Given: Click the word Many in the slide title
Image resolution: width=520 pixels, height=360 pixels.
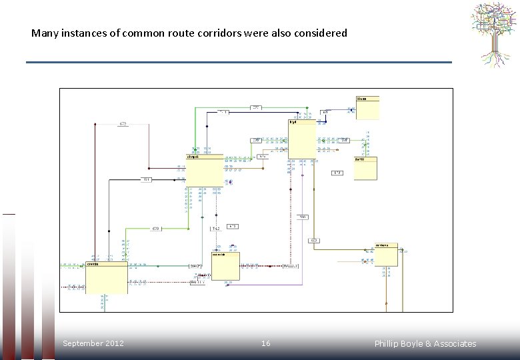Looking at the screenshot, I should [45, 33].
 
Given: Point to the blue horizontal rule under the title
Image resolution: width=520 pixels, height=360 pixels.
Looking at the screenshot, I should [239, 62].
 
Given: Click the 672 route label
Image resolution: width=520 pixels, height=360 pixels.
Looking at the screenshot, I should [123, 124].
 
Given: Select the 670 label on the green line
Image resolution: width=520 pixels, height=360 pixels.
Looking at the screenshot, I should [155, 229].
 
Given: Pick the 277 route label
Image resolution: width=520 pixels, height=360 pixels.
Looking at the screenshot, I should [256, 107].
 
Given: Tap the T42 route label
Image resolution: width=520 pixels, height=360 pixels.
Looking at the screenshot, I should [216, 229].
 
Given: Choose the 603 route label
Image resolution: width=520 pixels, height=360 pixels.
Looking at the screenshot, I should [315, 240].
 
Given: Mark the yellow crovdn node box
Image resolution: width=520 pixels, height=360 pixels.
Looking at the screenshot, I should [107, 277].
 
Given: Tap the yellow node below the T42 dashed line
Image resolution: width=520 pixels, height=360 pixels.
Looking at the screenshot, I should [225, 266].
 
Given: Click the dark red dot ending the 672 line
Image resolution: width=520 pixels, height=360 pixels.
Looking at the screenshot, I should [95, 124].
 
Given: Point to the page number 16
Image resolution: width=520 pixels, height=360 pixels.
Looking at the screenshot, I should [265, 343].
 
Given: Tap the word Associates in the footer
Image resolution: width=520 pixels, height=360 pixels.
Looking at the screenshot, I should [455, 344].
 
